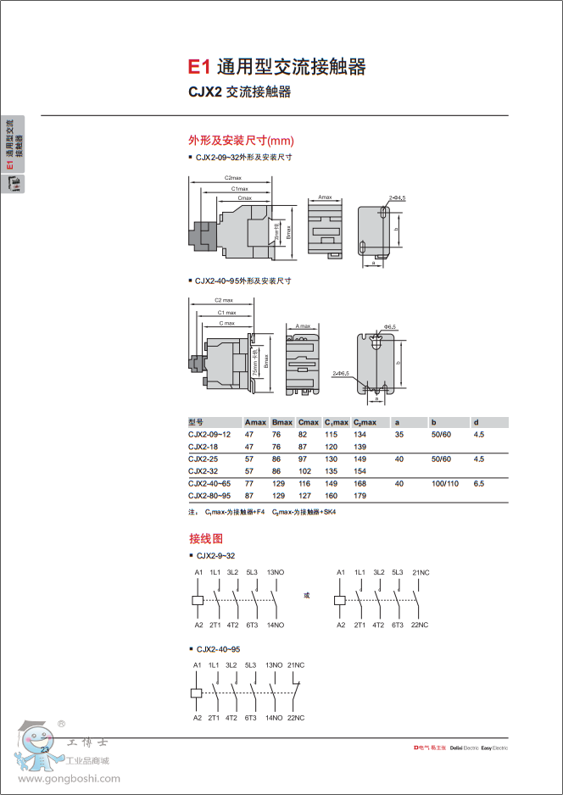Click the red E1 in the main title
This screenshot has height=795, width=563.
click(198, 67)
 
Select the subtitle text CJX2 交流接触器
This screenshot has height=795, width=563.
click(239, 92)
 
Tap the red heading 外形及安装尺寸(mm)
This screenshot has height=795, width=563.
click(241, 141)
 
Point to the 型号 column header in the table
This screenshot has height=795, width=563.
click(197, 422)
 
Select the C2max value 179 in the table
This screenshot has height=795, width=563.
click(360, 495)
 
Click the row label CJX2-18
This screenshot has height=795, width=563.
click(204, 446)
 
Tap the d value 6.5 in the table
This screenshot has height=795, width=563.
click(479, 482)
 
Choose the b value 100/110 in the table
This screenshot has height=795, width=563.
click(444, 482)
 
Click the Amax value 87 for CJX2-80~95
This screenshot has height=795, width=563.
click(249, 495)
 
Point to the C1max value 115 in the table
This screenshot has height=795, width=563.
click(331, 434)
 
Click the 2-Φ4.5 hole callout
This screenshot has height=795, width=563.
click(398, 197)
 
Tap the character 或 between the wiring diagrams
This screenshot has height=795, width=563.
click(307, 596)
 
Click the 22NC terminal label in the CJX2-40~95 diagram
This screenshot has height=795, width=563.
click(295, 718)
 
